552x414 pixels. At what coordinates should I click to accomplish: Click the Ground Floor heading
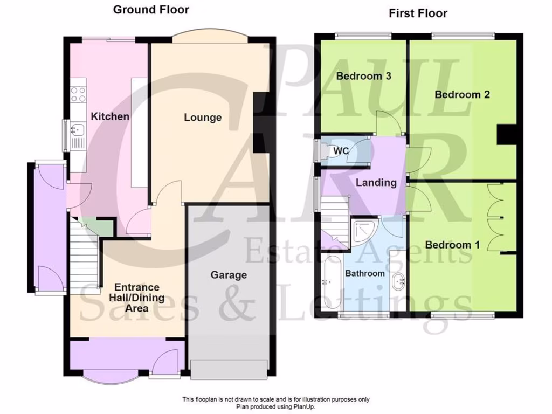point(151,10)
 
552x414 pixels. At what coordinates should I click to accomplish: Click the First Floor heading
point(418,13)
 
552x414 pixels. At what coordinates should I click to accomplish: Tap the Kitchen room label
point(110,116)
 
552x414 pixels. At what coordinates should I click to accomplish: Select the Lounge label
point(203,118)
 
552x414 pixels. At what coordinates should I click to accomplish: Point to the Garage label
point(229,275)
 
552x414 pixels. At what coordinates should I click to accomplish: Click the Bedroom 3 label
point(363,76)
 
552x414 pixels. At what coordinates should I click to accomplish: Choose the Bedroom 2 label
point(462,95)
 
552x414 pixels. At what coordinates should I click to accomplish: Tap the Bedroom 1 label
point(452,245)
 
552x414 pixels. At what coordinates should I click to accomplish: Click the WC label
point(341,151)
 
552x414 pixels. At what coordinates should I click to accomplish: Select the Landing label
point(376,183)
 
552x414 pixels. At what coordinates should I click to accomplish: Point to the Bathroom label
point(365,273)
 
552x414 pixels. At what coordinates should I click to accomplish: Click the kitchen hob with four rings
point(78,94)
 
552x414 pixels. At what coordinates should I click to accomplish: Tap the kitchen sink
point(77,129)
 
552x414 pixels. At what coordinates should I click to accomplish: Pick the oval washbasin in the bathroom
point(399,281)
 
